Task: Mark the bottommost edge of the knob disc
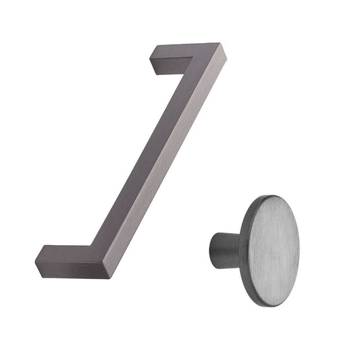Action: click(267, 305)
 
